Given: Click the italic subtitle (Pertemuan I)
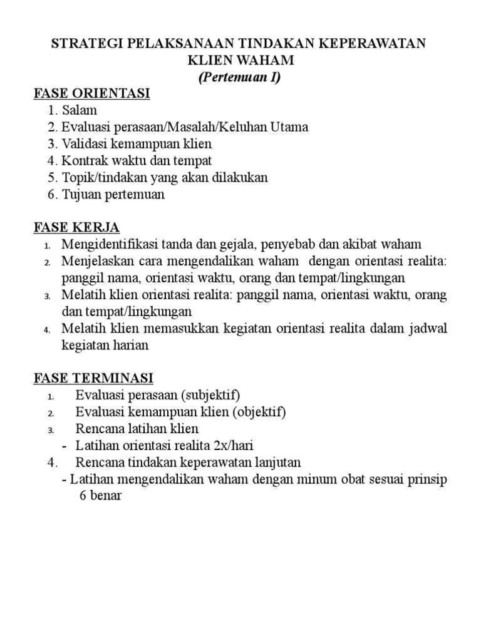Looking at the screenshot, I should [240, 78].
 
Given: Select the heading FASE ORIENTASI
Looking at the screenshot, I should [91, 94].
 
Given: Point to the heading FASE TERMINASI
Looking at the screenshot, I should [93, 379].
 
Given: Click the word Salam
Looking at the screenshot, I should [80, 111].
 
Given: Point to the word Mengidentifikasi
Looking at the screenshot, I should [110, 244].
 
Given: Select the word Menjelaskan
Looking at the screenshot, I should [99, 261].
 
